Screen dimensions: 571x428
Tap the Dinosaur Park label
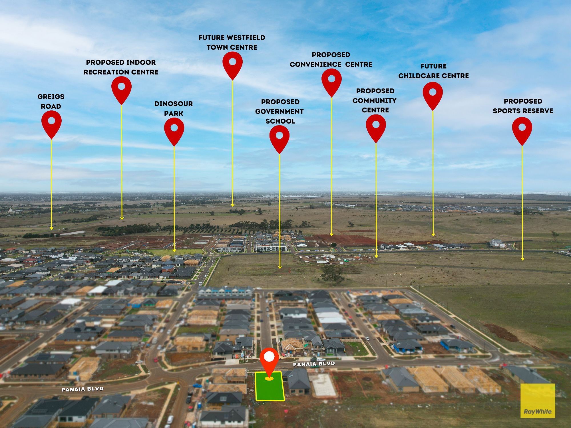click(174, 108)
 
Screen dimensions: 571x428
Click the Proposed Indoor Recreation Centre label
click(121, 67)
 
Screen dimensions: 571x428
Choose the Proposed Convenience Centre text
click(331, 59)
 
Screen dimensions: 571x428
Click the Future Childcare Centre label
click(434, 71)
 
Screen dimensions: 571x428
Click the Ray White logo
click(538, 401)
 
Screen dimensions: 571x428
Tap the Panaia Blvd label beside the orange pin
click(314, 364)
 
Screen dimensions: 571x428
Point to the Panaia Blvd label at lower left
click(83, 389)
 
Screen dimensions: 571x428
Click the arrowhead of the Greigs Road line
click(51, 228)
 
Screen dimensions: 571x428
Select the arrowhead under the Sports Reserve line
click(522, 259)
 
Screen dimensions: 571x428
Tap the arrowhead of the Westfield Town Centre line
click(233, 205)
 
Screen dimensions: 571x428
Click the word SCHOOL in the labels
click(280, 121)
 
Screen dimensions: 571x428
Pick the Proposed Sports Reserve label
click(523, 106)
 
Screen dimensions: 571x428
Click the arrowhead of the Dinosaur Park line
click(174, 250)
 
